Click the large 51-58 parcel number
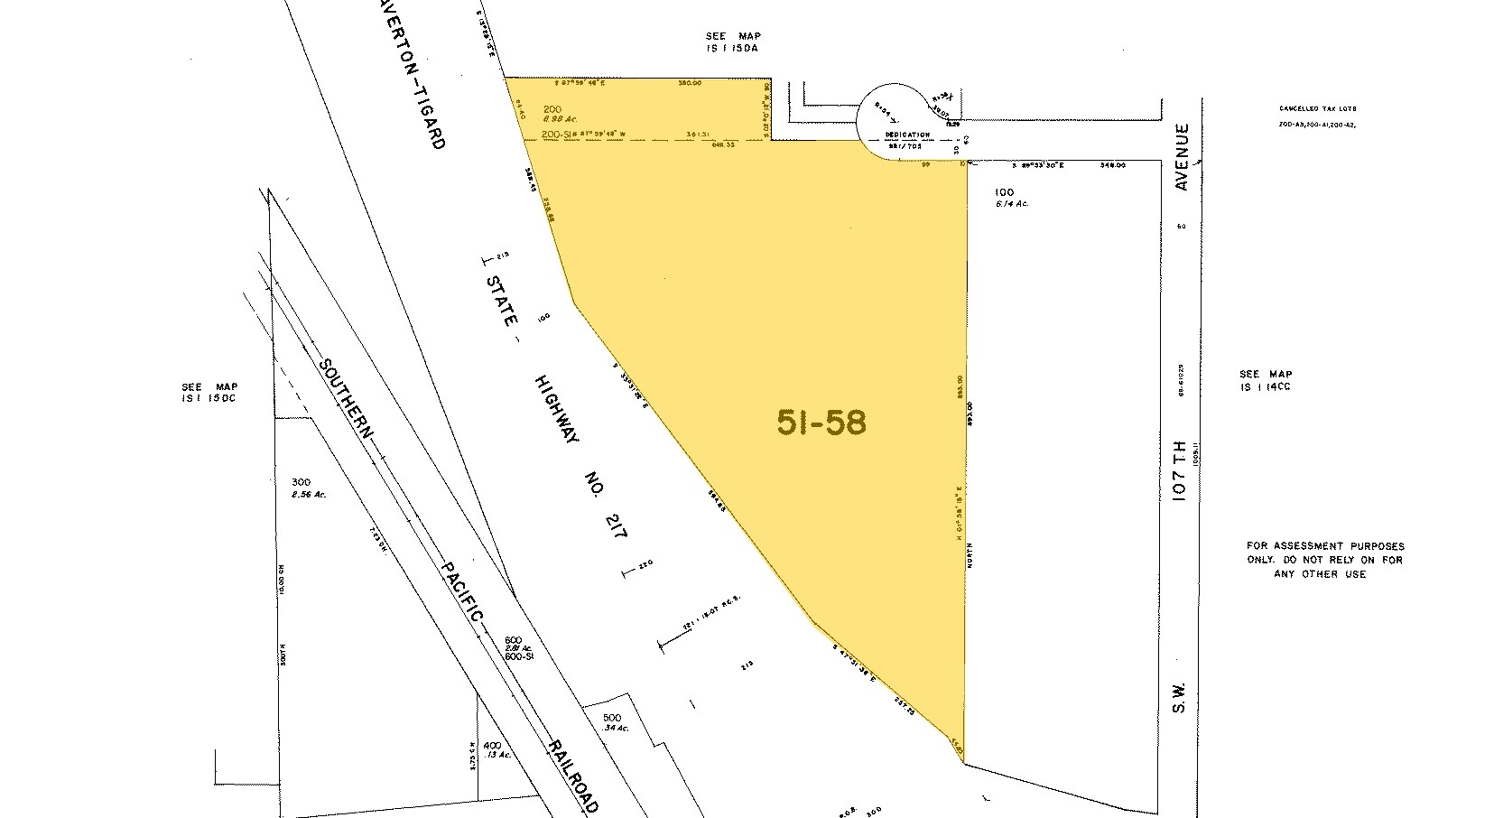pos(821,423)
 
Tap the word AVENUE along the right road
pos(1183,157)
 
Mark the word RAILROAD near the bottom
pos(571,772)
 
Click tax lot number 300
pos(301,482)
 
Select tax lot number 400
pos(491,746)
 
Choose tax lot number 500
pos(613,718)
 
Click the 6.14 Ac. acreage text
pos(1011,204)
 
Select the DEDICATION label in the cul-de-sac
pos(907,135)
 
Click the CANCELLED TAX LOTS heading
pos(1318,108)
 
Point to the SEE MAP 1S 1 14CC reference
pos(1266,380)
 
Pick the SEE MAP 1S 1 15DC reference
pos(209,392)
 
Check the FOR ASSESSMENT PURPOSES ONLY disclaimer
pos(1325,560)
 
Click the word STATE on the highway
pos(502,300)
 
